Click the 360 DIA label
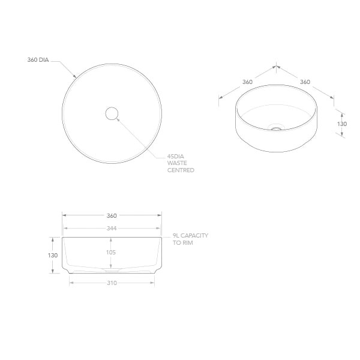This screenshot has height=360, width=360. pos(38,60)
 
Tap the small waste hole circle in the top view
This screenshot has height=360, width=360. pos(112,113)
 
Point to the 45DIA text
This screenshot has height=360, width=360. pos(176,156)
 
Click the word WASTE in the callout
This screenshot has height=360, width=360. pos(178,163)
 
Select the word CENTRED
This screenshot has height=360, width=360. pos(181,170)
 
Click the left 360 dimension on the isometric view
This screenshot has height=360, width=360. pos(247,82)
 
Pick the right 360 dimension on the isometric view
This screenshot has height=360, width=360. pos(305,82)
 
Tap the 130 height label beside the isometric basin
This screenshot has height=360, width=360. pos(341,124)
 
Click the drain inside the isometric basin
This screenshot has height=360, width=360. pos(276,127)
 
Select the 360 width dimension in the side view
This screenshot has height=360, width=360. pos(112,215)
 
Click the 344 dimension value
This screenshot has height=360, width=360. pos(112,228)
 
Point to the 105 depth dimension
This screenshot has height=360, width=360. pos(111,253)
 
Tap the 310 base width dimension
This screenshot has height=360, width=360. pos(112,283)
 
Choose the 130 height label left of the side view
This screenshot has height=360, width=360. pos(53,255)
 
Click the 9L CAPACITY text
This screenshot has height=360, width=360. pos(190,236)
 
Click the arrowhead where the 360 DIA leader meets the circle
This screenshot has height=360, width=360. pos(74,76)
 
